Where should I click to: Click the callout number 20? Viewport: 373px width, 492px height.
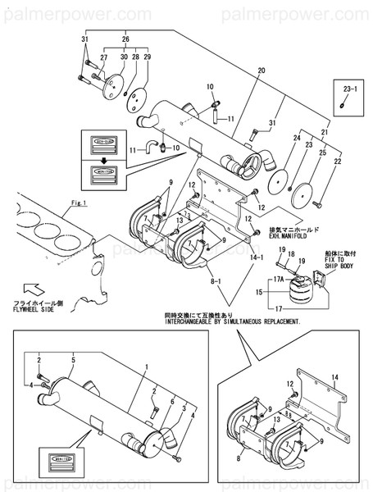click(262, 71)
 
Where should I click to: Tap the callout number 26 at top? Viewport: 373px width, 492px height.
click(125, 39)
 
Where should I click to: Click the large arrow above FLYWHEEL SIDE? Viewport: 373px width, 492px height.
click(37, 289)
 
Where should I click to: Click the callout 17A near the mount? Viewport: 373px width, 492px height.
click(279, 280)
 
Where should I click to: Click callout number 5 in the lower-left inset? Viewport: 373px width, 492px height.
click(73, 359)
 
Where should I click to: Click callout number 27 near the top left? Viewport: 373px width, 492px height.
click(104, 57)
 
